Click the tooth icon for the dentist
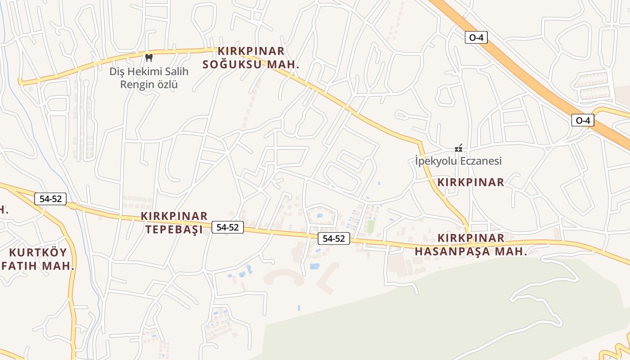[149, 58]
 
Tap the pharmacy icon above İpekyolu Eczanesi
[459, 148]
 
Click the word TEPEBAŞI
[174, 230]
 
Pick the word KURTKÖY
[38, 252]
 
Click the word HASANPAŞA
[452, 252]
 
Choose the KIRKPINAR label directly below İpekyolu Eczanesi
[471, 182]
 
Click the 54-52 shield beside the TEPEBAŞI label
[227, 227]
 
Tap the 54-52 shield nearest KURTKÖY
[50, 198]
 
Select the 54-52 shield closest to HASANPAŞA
[333, 238]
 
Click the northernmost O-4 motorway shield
[476, 37]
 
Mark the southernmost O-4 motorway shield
[583, 120]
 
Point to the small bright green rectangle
[370, 226]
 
